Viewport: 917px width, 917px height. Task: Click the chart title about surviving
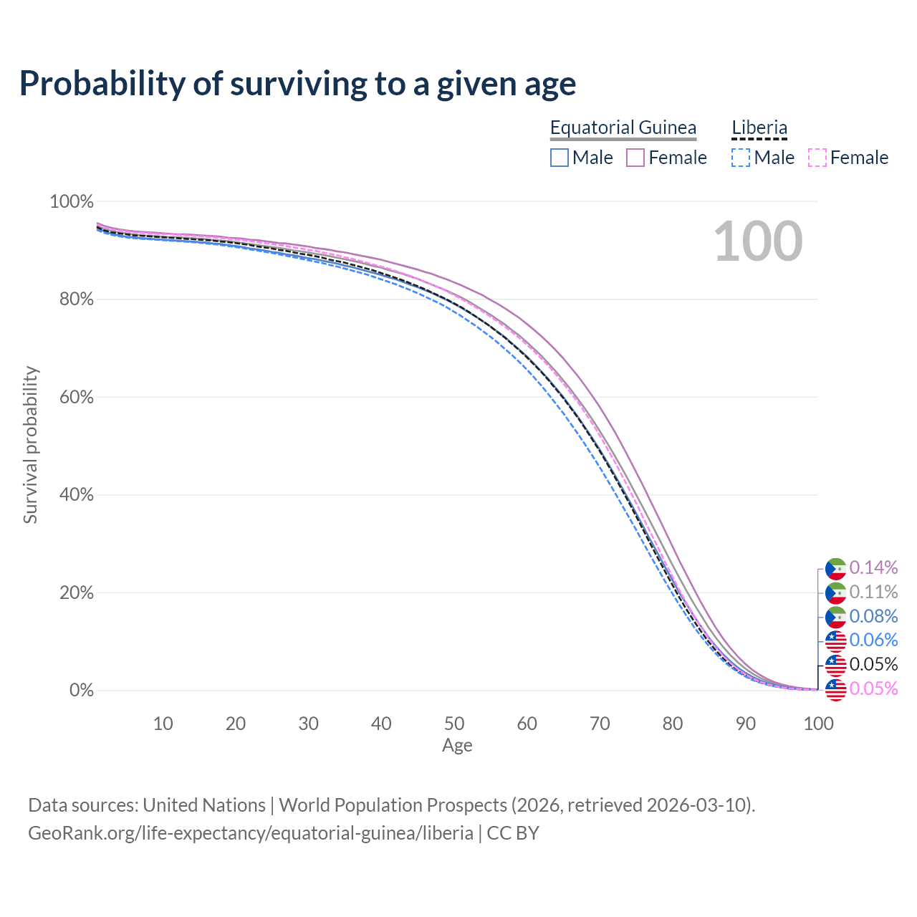pyautogui.click(x=297, y=84)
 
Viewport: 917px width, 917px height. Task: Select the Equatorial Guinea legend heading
pyautogui.click(x=623, y=128)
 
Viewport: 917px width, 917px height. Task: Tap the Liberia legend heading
pyautogui.click(x=759, y=128)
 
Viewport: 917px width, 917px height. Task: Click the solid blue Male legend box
pyautogui.click(x=560, y=158)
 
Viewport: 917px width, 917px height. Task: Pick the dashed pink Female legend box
pyautogui.click(x=817, y=158)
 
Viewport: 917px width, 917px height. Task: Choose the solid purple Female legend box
pyautogui.click(x=635, y=158)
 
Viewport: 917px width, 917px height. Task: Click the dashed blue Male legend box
pyautogui.click(x=741, y=158)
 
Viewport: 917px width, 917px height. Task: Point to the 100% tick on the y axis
pyautogui.click(x=72, y=202)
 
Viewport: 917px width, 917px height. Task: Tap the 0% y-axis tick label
pyautogui.click(x=81, y=691)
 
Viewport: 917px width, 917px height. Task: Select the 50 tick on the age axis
pyautogui.click(x=454, y=724)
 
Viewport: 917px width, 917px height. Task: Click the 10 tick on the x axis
pyautogui.click(x=163, y=724)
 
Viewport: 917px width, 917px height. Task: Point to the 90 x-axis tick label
pyautogui.click(x=746, y=724)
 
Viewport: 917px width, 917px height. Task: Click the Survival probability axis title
pyautogui.click(x=30, y=445)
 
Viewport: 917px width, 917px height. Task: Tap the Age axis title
pyautogui.click(x=457, y=746)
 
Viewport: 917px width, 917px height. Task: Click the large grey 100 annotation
pyautogui.click(x=758, y=241)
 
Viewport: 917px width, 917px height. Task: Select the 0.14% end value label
pyautogui.click(x=873, y=568)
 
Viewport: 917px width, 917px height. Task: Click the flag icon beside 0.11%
pyautogui.click(x=835, y=592)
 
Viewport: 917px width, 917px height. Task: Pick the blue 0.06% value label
pyautogui.click(x=873, y=640)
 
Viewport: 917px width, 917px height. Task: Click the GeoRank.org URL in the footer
pyautogui.click(x=250, y=833)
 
